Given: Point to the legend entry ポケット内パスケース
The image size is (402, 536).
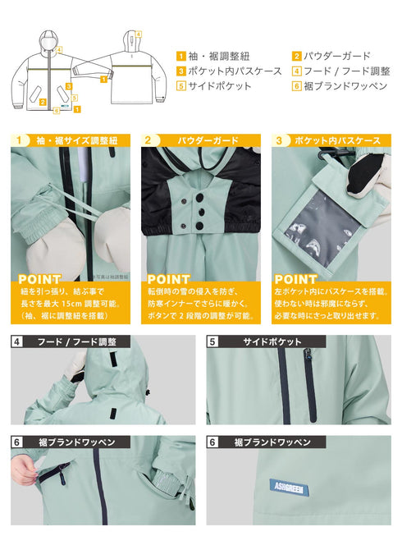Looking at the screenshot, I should (x=223, y=71).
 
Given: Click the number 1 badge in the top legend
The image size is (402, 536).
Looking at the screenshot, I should (x=180, y=56).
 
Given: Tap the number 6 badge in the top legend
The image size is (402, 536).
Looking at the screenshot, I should (x=296, y=85).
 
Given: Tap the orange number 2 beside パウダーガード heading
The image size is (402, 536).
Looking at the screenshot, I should (x=147, y=140).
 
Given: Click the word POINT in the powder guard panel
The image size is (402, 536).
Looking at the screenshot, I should (x=167, y=280).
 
